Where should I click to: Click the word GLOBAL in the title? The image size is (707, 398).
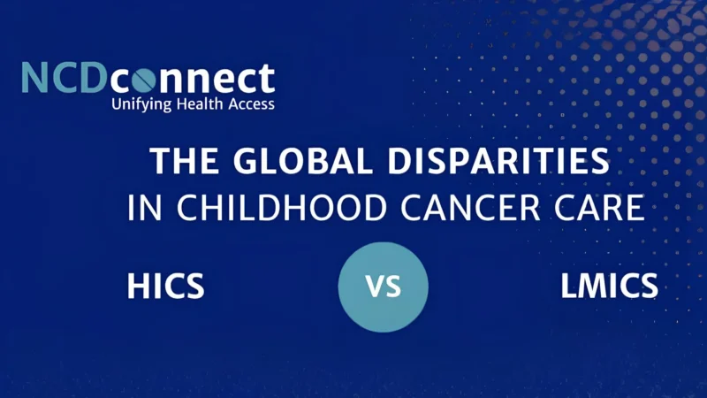coord(284,163)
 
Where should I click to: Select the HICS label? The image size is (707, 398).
coord(166,287)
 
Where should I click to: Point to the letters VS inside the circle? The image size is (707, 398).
coord(383,287)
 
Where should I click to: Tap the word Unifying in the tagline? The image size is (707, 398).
coord(140,104)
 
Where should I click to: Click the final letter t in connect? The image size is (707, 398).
coord(266,79)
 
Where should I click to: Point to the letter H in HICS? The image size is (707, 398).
coord(138,287)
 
